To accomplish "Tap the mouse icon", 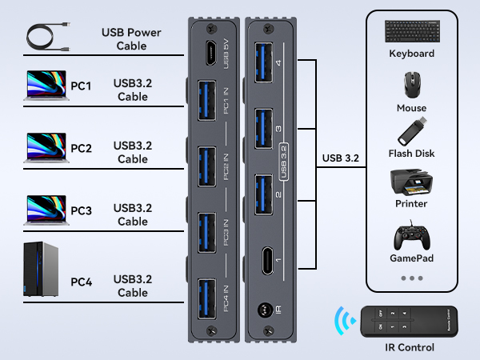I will click(x=411, y=85).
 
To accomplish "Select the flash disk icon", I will click(x=411, y=131).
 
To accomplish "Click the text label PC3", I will click(x=81, y=211).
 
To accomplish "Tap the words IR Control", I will click(x=410, y=347).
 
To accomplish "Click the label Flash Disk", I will click(x=411, y=153).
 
